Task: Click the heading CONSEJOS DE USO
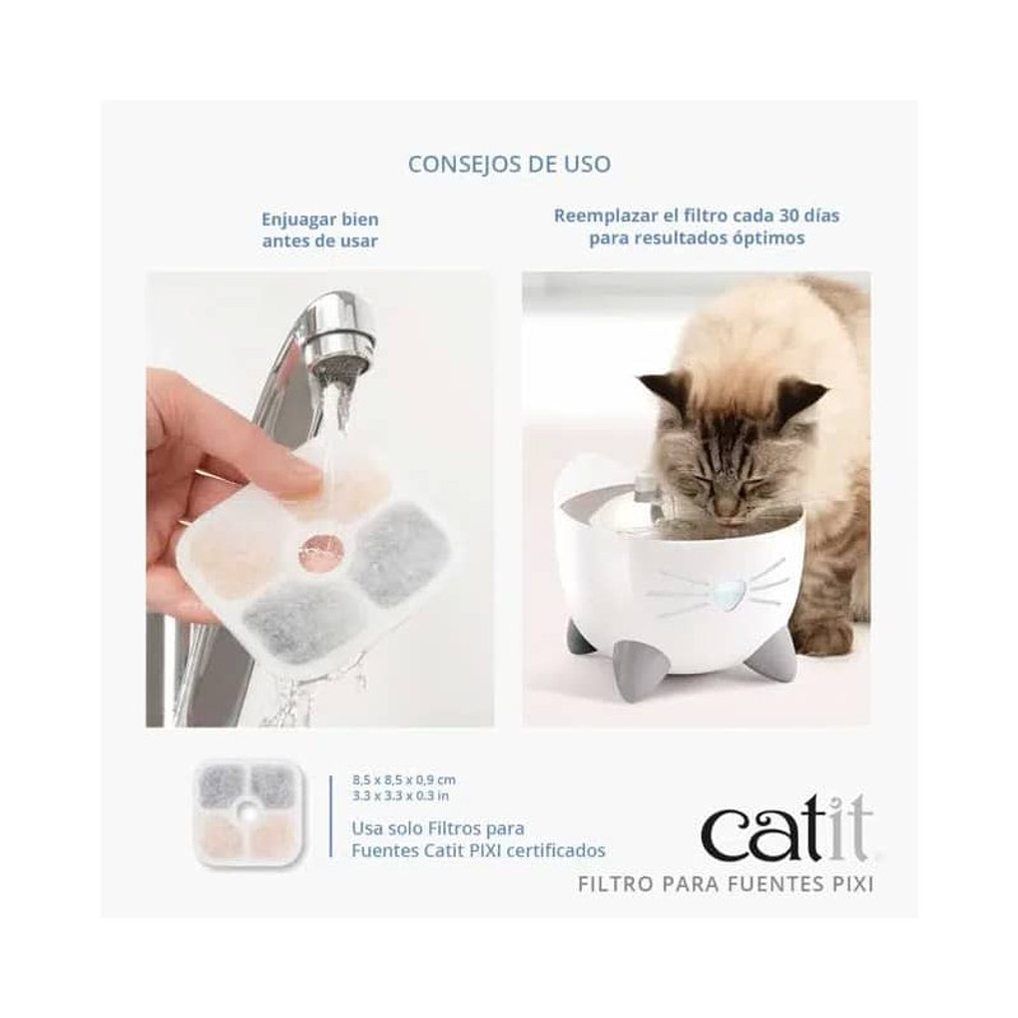click(508, 164)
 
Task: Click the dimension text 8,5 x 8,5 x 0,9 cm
click(404, 779)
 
